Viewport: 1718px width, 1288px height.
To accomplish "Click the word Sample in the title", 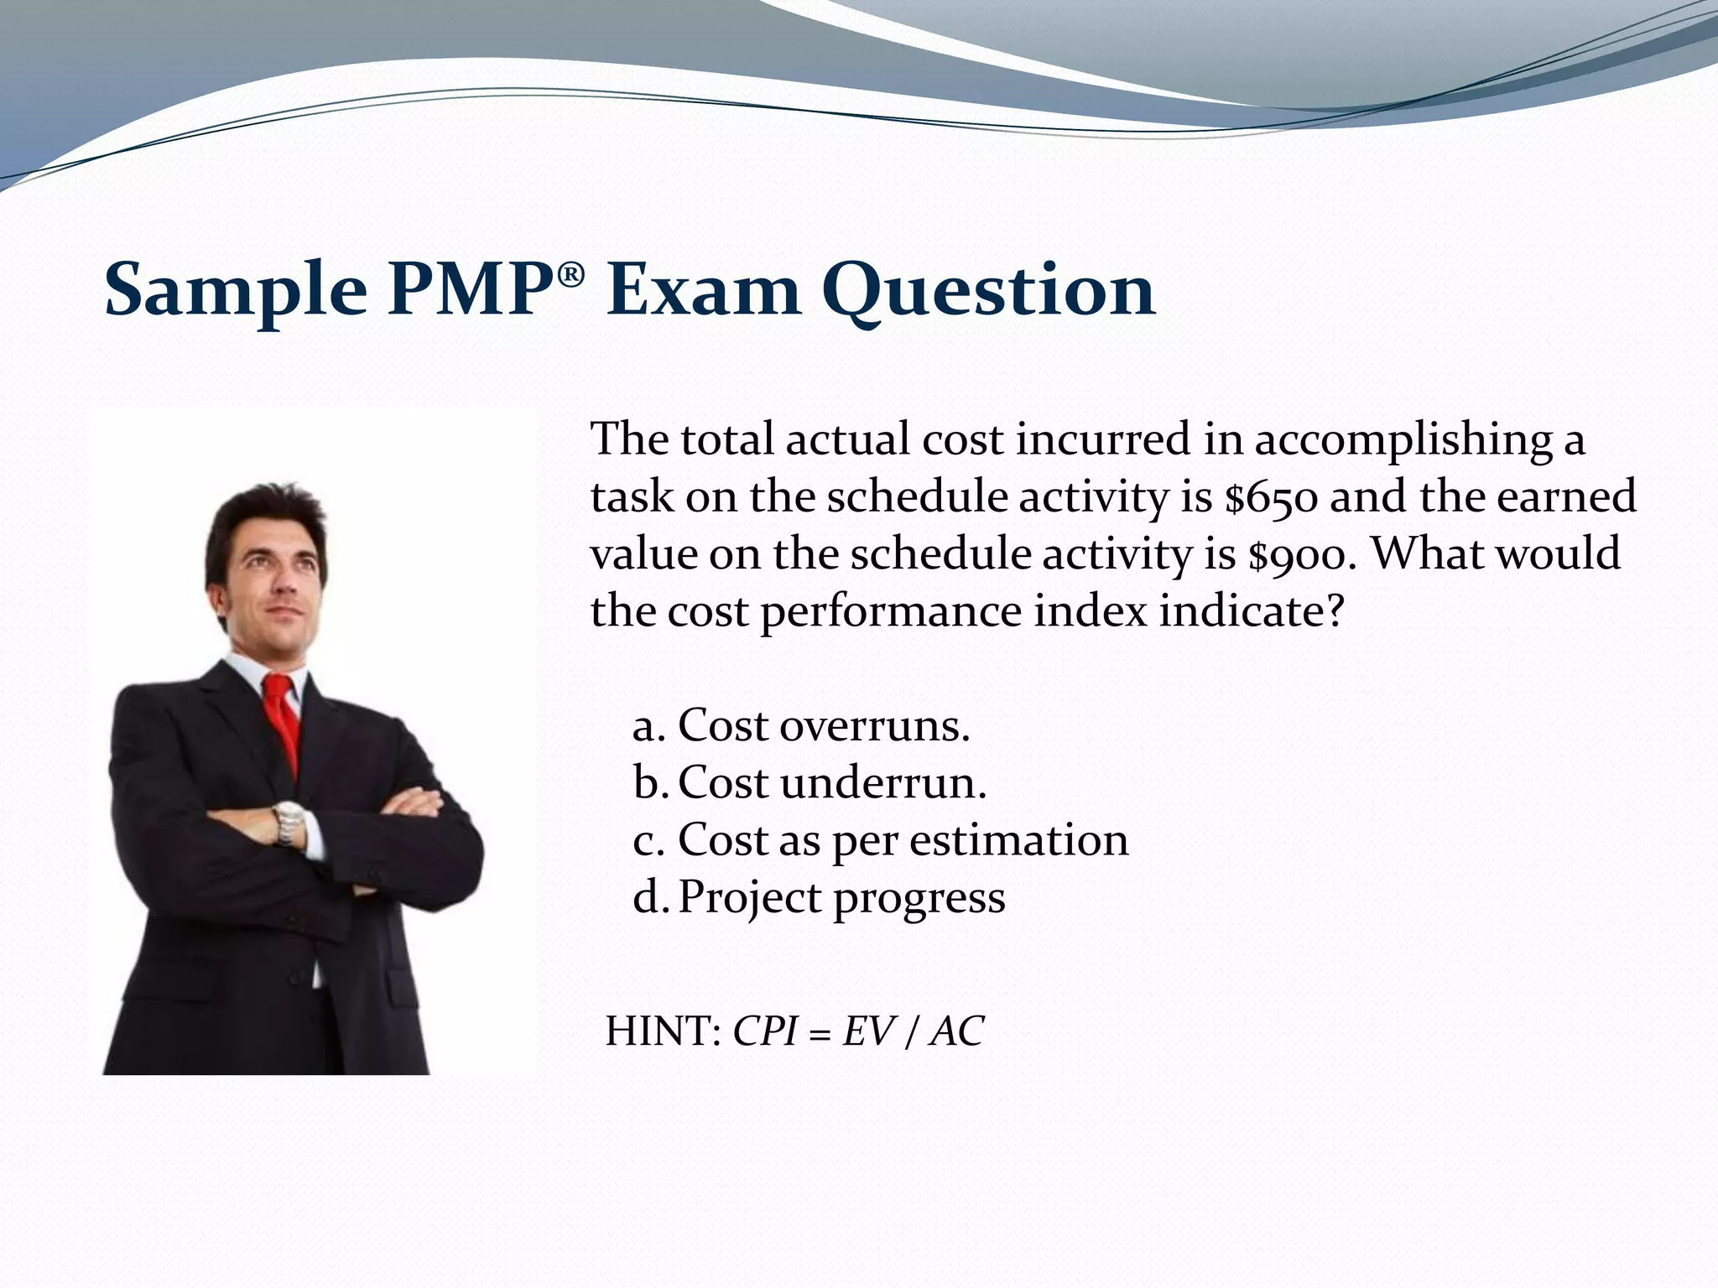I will (236, 289).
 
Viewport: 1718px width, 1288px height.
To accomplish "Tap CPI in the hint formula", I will (764, 1031).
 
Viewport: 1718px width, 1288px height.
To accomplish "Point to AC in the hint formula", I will (956, 1031).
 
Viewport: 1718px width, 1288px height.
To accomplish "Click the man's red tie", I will (283, 721).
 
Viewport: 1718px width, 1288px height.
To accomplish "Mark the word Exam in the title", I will (703, 289).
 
